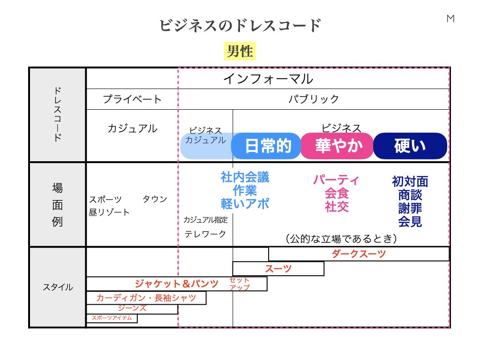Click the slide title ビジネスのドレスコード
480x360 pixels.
click(240, 25)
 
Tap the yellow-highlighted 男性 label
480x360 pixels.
click(240, 51)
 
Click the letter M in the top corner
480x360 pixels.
click(450, 19)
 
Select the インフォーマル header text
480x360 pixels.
click(268, 78)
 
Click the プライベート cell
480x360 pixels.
click(132, 99)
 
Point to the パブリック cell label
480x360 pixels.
click(314, 99)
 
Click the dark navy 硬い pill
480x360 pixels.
click(410, 146)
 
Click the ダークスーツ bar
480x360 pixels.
click(359, 254)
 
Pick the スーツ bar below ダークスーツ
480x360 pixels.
click(278, 269)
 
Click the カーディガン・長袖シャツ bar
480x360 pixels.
click(146, 298)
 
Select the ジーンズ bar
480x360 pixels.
click(132, 309)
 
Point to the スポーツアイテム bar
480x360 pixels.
click(112, 318)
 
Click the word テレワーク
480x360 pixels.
click(205, 234)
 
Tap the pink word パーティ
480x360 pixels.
click(337, 180)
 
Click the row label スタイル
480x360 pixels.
click(58, 287)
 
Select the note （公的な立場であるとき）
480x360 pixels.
click(341, 239)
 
